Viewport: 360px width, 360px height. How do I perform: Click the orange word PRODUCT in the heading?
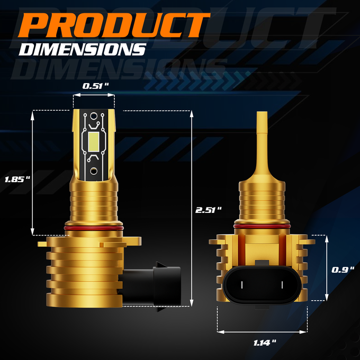[x=114, y=25]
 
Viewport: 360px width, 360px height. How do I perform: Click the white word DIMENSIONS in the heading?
[x=83, y=49]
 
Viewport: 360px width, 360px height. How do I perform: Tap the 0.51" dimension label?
[x=95, y=86]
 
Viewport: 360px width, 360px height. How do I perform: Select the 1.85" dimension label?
[x=17, y=179]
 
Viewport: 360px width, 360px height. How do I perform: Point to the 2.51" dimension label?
[x=209, y=210]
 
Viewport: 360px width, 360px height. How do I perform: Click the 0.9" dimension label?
[x=343, y=270]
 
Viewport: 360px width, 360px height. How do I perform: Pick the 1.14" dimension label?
[x=265, y=343]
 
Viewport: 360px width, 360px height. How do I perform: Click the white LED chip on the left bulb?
[x=94, y=142]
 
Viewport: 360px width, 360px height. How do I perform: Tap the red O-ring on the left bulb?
[x=94, y=228]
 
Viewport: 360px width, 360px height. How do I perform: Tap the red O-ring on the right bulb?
[x=262, y=227]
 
